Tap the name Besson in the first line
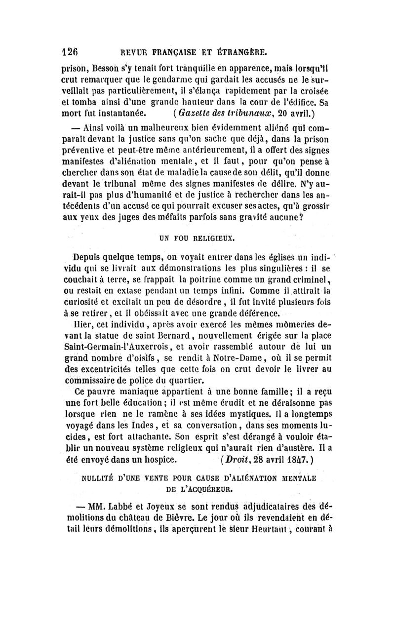click(107, 64)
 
